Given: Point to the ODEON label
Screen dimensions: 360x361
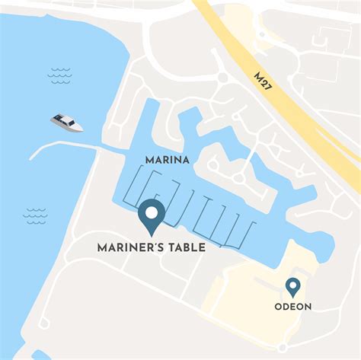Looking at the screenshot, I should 293,307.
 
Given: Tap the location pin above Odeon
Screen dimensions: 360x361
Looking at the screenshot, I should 292,288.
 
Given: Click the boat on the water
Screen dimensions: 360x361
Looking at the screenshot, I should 68,122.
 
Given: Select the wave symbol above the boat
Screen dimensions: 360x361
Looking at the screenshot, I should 59,74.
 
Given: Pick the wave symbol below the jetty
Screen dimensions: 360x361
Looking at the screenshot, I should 35,216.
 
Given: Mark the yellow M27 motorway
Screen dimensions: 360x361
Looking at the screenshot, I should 305,107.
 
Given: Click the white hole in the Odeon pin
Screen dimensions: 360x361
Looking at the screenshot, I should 292,285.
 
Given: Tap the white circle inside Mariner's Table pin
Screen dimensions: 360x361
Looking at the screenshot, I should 151,212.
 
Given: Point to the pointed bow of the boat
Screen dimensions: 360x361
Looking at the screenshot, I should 82,128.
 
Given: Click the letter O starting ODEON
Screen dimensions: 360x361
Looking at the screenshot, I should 279,307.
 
